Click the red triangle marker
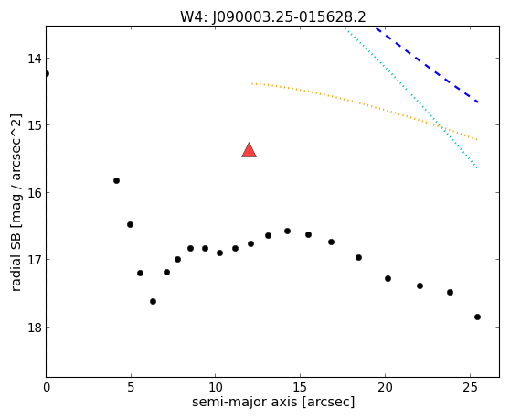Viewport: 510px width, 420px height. pos(250,150)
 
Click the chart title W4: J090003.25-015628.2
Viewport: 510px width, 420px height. pos(273,17)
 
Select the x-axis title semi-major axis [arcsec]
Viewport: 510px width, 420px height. pos(273,402)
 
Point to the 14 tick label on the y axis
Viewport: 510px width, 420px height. pos(35,59)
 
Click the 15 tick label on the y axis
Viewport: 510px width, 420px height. pos(35,125)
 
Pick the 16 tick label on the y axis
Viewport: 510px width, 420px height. pos(35,193)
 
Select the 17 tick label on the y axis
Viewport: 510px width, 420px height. pos(35,260)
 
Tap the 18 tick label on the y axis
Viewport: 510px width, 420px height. pos(35,328)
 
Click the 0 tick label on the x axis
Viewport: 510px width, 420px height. pos(47,387)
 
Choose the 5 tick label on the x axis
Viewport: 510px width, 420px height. pos(131,387)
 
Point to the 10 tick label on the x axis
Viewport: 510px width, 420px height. pos(216,387)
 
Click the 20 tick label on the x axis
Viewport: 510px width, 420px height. pos(385,387)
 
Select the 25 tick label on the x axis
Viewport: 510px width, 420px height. pos(470,387)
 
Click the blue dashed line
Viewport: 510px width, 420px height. pos(427,66)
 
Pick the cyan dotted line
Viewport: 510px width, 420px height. pos(410,98)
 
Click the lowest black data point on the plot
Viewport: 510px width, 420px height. pos(477,318)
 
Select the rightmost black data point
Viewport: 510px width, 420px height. pos(477,318)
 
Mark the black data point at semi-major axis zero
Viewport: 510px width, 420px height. pos(47,73)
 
